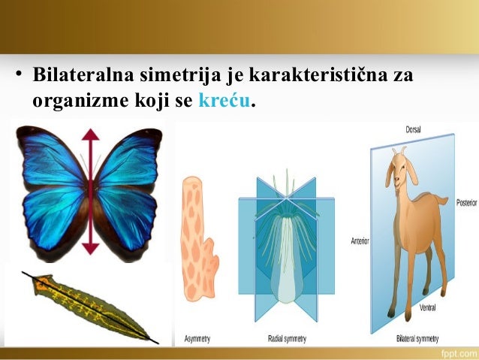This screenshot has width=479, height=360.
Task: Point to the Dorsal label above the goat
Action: coord(413,129)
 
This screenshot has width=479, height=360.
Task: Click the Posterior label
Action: coord(465,203)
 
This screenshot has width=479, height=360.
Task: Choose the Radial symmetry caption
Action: coord(286,339)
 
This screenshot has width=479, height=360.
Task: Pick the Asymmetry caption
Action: coord(198,339)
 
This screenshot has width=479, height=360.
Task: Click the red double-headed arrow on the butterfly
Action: coord(92,192)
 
